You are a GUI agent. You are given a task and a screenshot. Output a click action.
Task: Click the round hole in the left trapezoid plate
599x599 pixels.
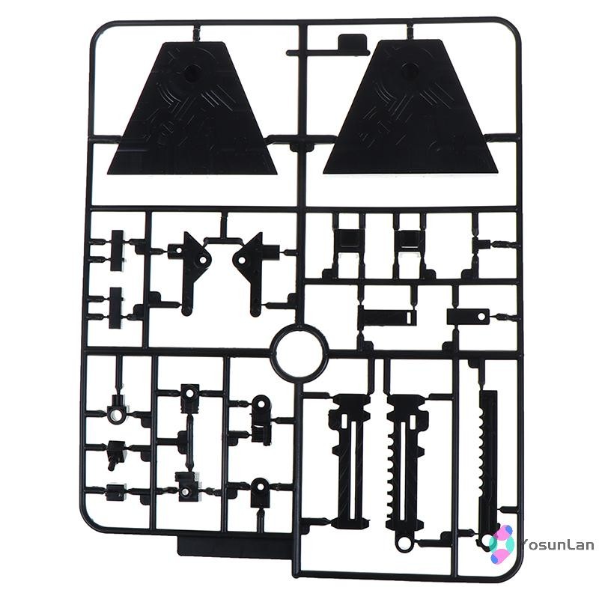(x=191, y=71)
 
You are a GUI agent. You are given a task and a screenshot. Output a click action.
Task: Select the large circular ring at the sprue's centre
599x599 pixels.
(x=299, y=347)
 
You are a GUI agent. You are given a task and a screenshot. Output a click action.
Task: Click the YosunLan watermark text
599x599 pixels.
(x=557, y=544)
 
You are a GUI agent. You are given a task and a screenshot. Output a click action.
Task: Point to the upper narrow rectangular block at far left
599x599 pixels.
(x=117, y=251)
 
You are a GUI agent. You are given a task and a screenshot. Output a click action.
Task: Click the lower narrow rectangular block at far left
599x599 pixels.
(x=116, y=308)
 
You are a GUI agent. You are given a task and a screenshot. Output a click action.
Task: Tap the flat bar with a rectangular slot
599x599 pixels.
(x=387, y=317)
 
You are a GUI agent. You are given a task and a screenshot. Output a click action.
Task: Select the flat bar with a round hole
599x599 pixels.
(x=469, y=316)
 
